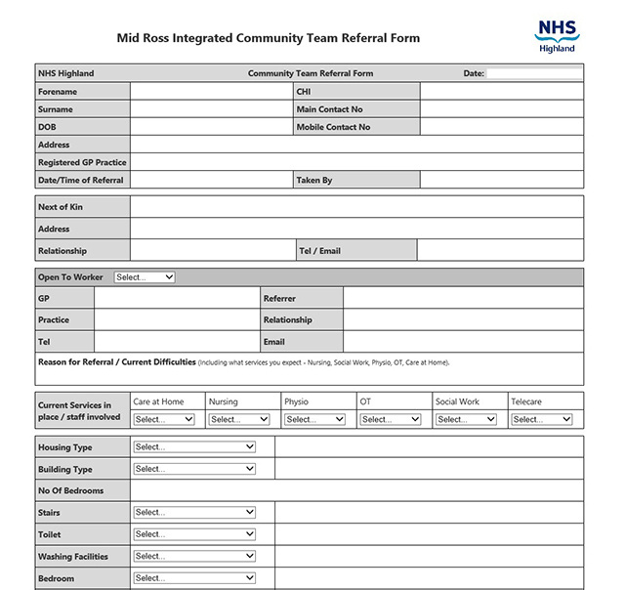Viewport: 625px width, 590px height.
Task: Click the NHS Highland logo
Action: [556, 36]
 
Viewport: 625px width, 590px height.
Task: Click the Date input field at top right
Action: [534, 73]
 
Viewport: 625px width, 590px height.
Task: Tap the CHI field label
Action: [303, 92]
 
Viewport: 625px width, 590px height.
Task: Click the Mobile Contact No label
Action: [333, 127]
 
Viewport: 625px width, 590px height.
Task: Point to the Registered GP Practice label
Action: [82, 162]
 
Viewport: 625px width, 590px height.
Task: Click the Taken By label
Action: [313, 180]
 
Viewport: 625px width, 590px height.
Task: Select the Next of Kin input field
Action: [356, 207]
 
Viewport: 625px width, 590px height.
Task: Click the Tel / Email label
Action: [319, 251]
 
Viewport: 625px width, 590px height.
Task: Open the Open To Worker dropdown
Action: [145, 277]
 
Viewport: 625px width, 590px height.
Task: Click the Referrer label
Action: [279, 299]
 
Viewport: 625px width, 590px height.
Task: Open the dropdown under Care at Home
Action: [164, 419]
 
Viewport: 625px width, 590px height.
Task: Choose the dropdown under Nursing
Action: [239, 419]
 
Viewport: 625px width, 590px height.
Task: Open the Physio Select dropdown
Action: [314, 419]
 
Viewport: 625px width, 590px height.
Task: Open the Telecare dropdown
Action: [541, 419]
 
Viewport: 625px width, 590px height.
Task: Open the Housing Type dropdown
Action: [194, 446]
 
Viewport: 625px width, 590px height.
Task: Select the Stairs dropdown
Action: [194, 512]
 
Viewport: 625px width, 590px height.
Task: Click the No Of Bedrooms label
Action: [71, 490]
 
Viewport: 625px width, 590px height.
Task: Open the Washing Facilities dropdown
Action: [194, 556]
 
